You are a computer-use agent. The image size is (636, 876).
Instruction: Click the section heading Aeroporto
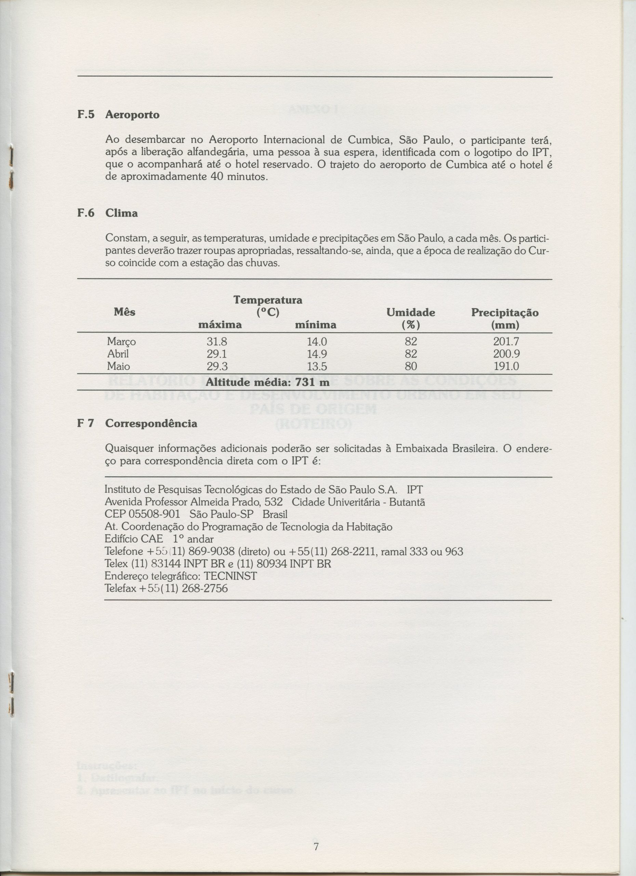coord(132,115)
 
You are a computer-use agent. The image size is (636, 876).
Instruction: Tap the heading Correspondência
coord(151,424)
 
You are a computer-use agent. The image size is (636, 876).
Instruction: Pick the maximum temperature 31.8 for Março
coord(216,342)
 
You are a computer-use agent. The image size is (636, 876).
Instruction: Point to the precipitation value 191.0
coord(506,366)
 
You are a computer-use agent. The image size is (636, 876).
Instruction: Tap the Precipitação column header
coord(505,313)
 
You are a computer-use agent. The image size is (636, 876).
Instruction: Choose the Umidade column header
coord(411,313)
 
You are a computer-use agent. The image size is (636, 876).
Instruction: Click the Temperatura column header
coord(268,300)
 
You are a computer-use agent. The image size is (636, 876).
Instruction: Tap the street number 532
coord(274,503)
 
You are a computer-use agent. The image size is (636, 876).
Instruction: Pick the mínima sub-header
coord(315,325)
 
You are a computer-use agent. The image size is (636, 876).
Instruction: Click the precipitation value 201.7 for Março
coord(506,342)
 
